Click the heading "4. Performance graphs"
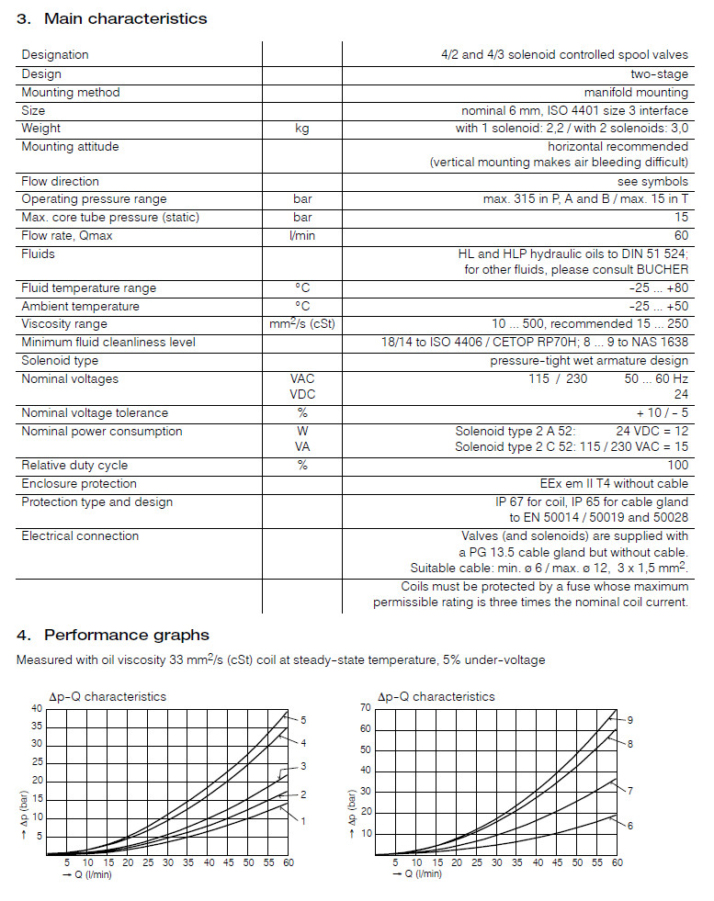pos(113,635)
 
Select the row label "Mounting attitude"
pos(70,147)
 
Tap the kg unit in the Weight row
pos(301,129)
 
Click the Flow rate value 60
pos(680,236)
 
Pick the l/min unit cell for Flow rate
pos(301,236)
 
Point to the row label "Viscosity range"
pos(64,324)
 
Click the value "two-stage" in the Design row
pos(659,74)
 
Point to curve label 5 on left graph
pos(303,720)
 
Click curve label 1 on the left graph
pos(303,821)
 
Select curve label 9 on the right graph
pos(630,720)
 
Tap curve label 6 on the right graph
pos(630,826)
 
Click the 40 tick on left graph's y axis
pos(37,708)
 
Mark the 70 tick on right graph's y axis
pos(366,708)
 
